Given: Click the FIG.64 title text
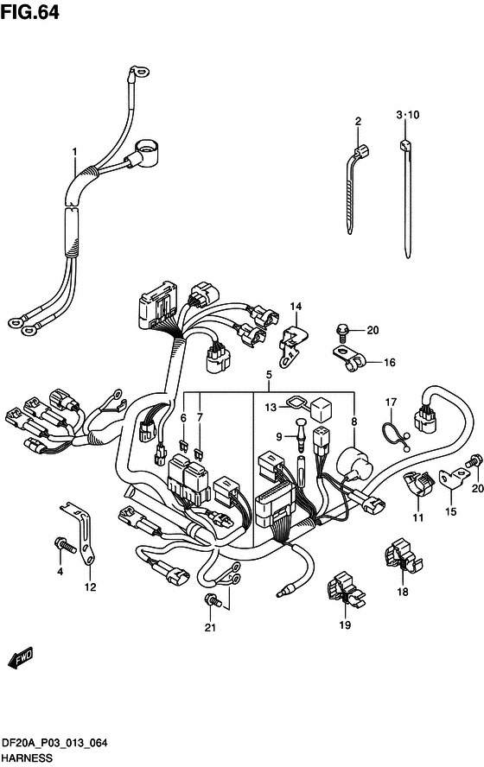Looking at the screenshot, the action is point(30,12).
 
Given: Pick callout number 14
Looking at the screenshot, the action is point(296,307).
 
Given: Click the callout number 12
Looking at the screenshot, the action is point(91,587).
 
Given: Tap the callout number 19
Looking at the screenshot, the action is point(345,624).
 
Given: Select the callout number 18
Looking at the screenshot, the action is point(402,592).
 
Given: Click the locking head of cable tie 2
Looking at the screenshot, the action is point(362,150).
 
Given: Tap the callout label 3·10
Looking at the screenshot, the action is point(408,115).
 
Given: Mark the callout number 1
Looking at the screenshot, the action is point(74,152).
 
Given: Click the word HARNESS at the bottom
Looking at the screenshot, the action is point(27,757).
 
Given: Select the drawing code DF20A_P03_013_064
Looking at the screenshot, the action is point(54,744).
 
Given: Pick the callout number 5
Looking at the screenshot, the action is point(269,375).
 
